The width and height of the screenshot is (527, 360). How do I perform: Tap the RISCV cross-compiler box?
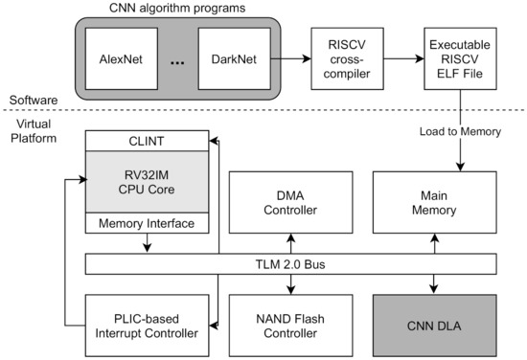pyautogui.click(x=342, y=56)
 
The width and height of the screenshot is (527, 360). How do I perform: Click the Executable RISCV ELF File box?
pyautogui.click(x=459, y=56)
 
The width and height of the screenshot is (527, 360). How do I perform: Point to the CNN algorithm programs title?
pyautogui.click(x=179, y=10)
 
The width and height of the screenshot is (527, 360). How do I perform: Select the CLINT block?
pyautogui.click(x=148, y=140)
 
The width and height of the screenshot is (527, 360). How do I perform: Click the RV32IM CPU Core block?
pyautogui.click(x=148, y=181)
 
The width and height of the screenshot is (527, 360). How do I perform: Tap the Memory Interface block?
pyautogui.click(x=148, y=223)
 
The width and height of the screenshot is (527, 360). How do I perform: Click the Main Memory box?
pyautogui.click(x=434, y=201)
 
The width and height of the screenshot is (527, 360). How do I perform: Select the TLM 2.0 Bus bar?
pyautogui.click(x=290, y=263)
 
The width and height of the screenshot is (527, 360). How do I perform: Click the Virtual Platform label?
pyautogui.click(x=34, y=129)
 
